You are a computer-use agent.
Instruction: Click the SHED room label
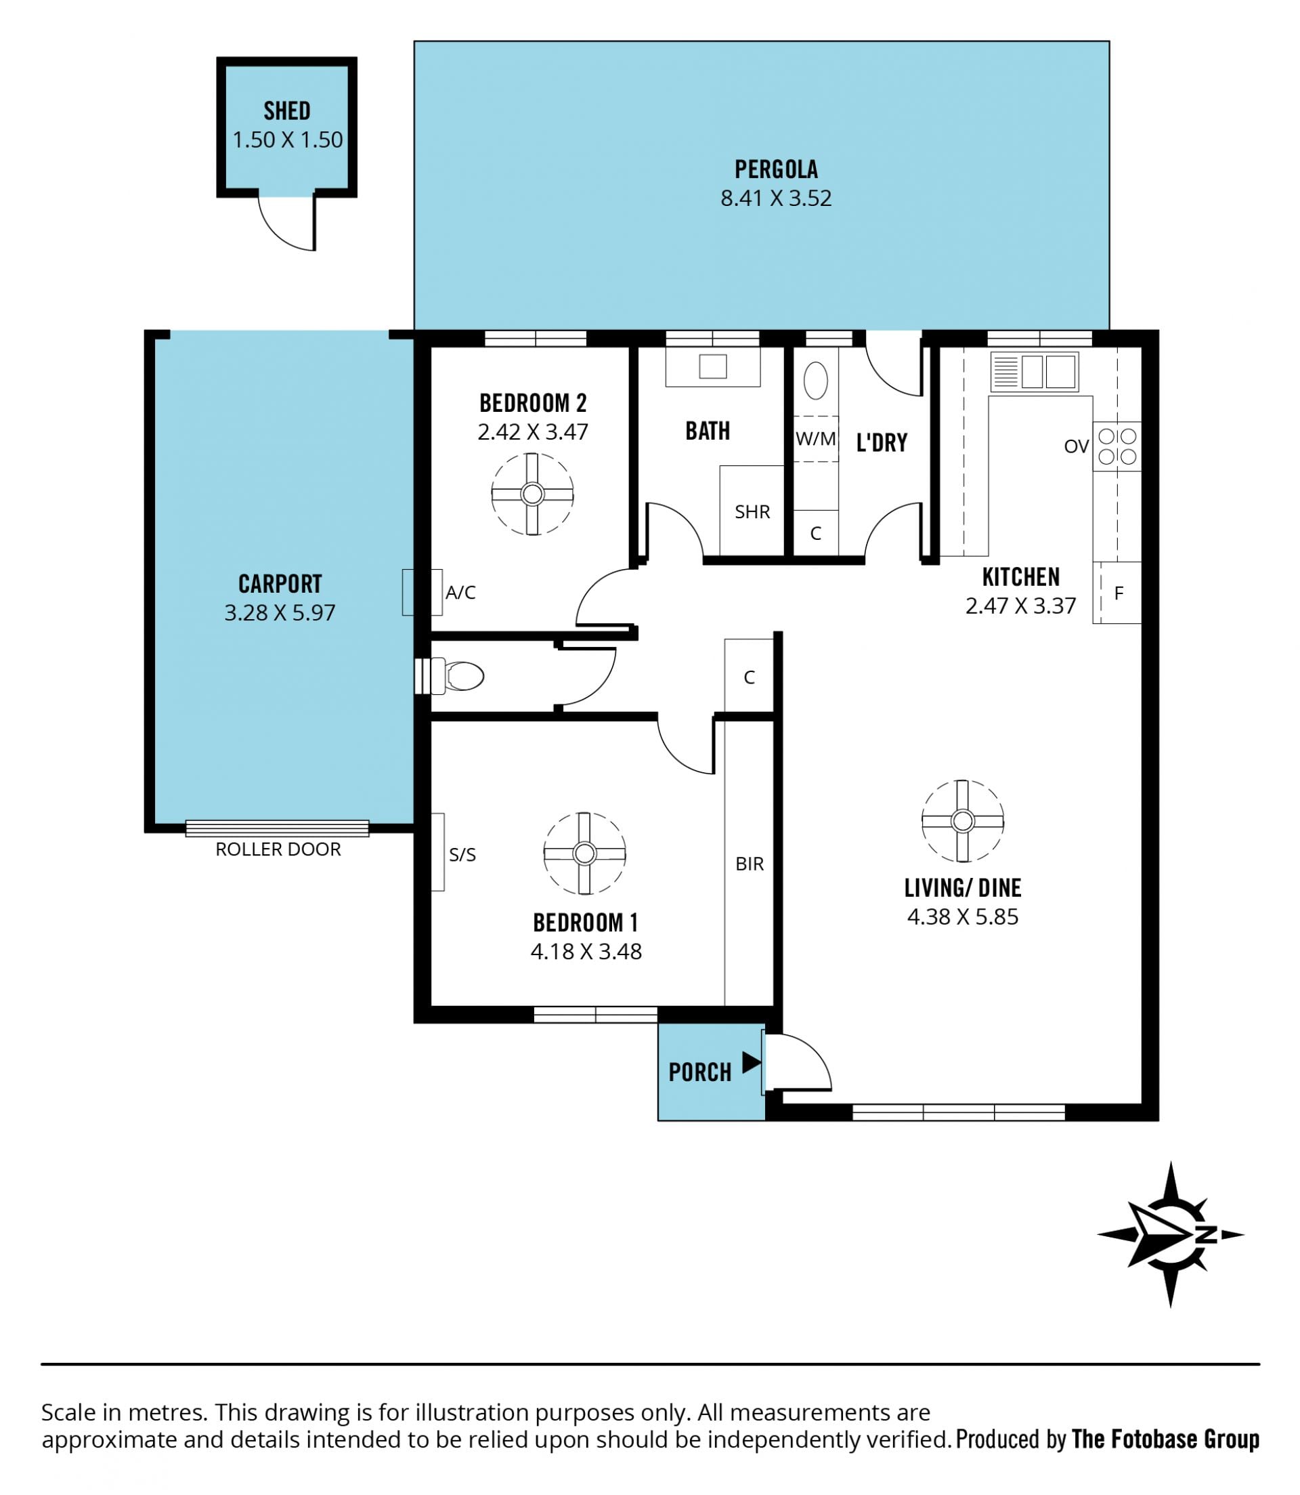tap(286, 111)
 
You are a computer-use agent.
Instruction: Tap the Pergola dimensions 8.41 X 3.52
tap(775, 198)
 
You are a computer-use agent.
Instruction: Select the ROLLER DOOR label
tap(278, 849)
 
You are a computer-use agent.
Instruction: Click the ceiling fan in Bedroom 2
tap(532, 494)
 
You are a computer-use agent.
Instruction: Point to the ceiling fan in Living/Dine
tap(963, 821)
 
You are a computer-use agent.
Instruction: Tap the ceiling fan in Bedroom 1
tap(585, 854)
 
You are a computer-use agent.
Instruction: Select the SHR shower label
tap(752, 511)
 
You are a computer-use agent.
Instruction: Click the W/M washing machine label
tap(815, 438)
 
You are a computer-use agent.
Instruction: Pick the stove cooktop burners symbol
tap(1117, 446)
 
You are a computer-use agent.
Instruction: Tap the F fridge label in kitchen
tap(1119, 593)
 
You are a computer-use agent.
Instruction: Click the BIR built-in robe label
tap(750, 864)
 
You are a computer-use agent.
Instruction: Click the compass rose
tap(1170, 1234)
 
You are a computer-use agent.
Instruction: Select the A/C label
tap(460, 592)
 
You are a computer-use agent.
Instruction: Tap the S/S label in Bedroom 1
tap(462, 854)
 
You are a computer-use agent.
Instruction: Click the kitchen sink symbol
tap(1034, 372)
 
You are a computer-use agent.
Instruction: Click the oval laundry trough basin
tap(815, 380)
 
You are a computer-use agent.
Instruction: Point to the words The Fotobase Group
tap(1165, 1439)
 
